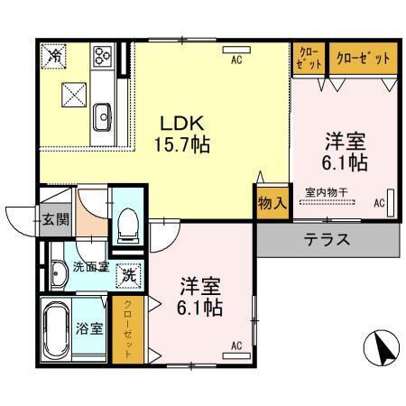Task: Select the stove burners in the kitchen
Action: [x=101, y=56]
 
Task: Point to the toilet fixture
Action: [x=126, y=222]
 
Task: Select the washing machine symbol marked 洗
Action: [x=129, y=273]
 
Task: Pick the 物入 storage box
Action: [x=272, y=204]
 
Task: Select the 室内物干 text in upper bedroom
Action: [x=328, y=190]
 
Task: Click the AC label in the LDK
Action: [x=235, y=60]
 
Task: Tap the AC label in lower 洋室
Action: [x=236, y=345]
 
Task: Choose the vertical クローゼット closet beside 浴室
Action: [x=128, y=330]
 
